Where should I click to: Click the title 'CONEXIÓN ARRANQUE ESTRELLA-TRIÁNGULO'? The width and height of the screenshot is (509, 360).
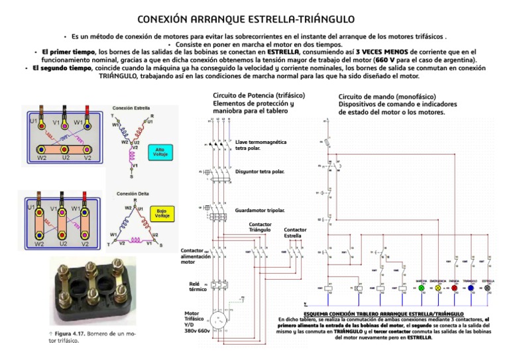[x=254, y=19]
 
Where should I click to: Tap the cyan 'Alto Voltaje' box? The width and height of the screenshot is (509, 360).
[x=160, y=151]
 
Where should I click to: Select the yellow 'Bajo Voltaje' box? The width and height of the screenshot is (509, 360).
[x=162, y=213]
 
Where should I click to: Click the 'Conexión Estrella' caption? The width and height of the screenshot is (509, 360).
[x=131, y=107]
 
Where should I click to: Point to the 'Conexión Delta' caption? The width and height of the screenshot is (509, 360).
[x=133, y=194]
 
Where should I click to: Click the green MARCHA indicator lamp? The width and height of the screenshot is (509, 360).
[x=422, y=289]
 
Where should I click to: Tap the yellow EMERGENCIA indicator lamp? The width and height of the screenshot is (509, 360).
[x=437, y=289]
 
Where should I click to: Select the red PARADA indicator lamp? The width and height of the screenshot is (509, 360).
[x=455, y=289]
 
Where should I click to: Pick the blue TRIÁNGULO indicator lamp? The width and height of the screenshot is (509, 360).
[x=471, y=289]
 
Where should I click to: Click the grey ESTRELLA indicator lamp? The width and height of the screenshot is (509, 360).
[x=489, y=289]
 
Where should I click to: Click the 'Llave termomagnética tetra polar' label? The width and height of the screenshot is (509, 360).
[x=261, y=145]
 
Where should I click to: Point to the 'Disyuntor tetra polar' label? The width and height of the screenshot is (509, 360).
[x=260, y=172]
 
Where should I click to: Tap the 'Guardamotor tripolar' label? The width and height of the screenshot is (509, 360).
[x=260, y=210]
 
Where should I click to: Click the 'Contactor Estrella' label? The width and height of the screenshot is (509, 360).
[x=295, y=233]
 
